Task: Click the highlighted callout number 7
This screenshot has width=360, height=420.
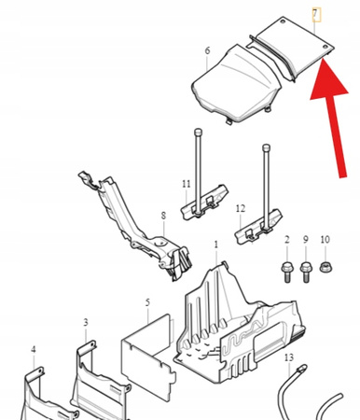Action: (x=315, y=15)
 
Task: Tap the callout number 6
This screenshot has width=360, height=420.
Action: (x=207, y=50)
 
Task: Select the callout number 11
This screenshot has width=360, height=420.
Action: (x=187, y=184)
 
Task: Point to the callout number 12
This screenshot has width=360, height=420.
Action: (x=241, y=208)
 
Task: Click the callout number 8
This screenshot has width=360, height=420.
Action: (x=163, y=216)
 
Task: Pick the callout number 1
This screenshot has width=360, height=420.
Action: (x=216, y=245)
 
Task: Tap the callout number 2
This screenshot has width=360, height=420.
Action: (x=287, y=240)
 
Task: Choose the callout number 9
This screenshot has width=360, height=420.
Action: (x=306, y=240)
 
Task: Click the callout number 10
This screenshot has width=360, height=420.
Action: (x=325, y=240)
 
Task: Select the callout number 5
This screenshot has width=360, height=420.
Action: (x=147, y=302)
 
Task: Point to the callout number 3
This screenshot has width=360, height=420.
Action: (x=86, y=322)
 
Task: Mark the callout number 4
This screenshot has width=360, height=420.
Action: (x=34, y=349)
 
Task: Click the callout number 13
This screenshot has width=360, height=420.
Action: (x=289, y=357)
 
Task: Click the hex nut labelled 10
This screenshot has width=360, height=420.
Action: (x=325, y=267)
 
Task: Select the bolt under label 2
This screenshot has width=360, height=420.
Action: (x=287, y=273)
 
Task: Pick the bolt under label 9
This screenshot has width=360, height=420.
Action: (x=306, y=273)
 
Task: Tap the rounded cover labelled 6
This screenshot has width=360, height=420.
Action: (x=236, y=84)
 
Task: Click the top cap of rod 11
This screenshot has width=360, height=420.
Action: (x=198, y=132)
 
